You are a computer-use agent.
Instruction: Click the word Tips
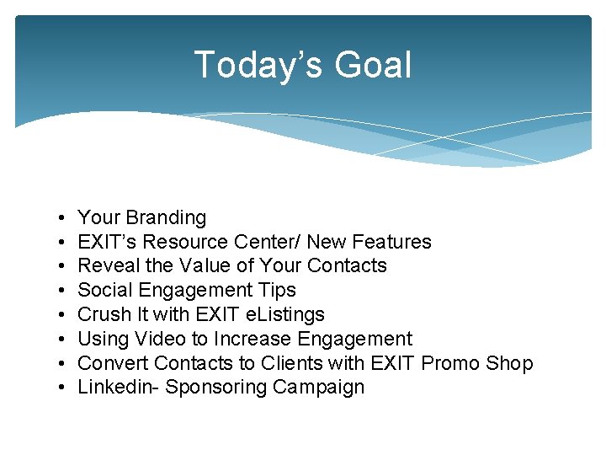[279, 291]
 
